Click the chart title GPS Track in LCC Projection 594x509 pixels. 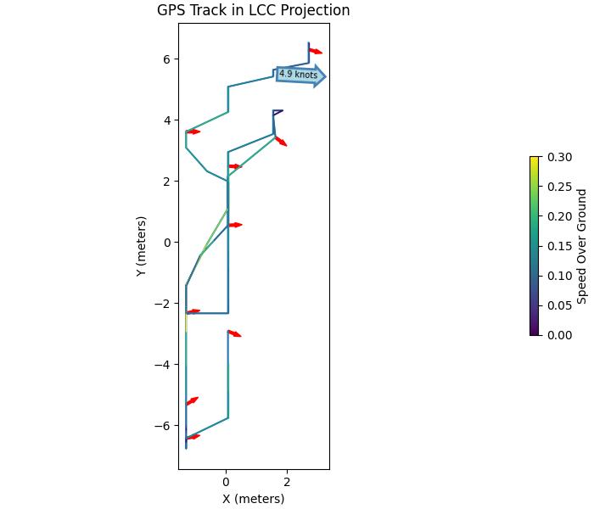click(253, 11)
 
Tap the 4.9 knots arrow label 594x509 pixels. click(298, 75)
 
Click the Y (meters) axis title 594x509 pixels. click(142, 245)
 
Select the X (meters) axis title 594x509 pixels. click(253, 499)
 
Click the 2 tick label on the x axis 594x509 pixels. click(287, 482)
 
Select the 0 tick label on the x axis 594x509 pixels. click(226, 482)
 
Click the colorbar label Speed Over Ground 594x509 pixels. click(582, 246)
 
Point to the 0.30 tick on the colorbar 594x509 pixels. click(559, 157)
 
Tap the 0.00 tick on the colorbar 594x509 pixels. click(559, 335)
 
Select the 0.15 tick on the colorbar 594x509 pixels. click(559, 246)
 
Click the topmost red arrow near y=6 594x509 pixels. click(315, 51)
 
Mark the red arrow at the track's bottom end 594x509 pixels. click(193, 437)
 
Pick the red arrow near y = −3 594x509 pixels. click(234, 333)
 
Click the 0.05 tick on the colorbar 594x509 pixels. click(559, 305)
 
